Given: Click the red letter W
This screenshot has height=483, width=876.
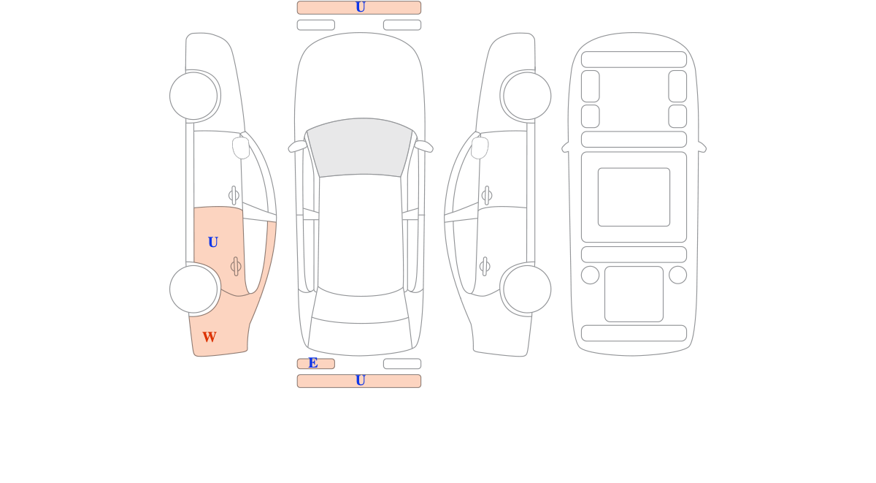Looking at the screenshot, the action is click(x=210, y=337).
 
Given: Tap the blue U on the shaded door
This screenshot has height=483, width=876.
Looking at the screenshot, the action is click(x=212, y=243).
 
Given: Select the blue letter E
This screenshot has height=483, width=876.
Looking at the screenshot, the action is click(x=313, y=363).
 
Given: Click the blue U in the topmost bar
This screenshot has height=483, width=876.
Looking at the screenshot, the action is click(x=361, y=7).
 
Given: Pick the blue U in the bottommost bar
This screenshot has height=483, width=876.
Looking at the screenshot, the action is click(x=361, y=380).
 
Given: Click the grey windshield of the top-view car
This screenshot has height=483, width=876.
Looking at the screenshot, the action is click(x=360, y=147).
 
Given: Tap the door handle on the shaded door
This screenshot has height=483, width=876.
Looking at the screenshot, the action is click(x=235, y=267).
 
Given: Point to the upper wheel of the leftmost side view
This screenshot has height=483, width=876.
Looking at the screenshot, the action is click(x=193, y=96).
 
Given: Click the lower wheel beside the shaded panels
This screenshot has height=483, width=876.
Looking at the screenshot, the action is click(x=193, y=289).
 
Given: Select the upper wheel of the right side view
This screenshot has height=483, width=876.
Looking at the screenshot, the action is click(x=527, y=96).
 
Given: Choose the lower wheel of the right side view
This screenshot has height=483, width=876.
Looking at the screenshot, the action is click(x=527, y=289).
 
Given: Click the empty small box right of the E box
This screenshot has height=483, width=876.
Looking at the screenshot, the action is click(x=402, y=364).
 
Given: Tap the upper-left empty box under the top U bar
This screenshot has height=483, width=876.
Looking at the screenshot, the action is click(x=316, y=25).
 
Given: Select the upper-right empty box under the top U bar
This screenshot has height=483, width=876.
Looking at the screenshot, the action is click(x=402, y=25).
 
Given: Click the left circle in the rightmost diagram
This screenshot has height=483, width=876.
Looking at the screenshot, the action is click(x=590, y=275).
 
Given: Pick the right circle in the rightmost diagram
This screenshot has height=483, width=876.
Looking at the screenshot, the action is click(x=677, y=275).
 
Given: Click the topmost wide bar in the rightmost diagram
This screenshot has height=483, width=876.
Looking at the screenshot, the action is click(x=634, y=59).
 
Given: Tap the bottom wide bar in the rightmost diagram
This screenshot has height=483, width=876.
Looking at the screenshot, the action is click(x=634, y=333).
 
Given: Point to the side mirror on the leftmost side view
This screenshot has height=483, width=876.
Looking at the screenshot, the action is click(x=241, y=148).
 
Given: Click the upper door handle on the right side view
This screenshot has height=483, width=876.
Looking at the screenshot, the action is click(x=487, y=195).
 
